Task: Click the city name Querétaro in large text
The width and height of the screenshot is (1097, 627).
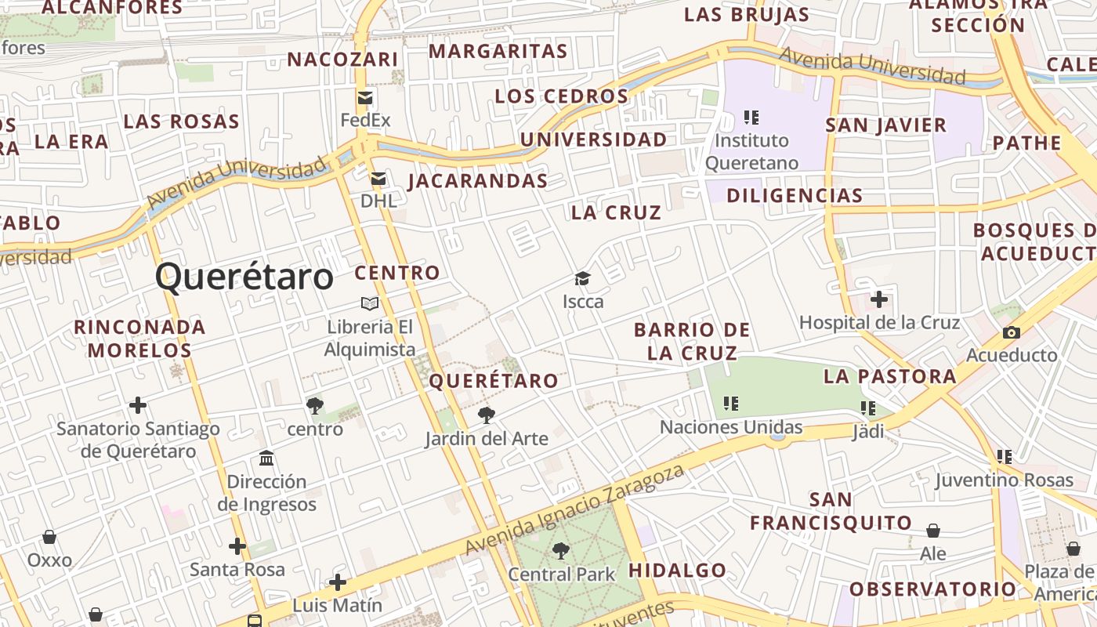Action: pos(244,277)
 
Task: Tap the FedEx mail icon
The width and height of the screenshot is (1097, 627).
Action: pos(365,98)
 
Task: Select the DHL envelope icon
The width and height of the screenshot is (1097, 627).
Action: pos(378,179)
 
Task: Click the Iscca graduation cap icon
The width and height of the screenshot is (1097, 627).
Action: pos(582,278)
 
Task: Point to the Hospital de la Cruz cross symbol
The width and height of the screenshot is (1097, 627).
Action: pos(879,299)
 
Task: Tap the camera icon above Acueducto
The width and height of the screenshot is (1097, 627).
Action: pos(1011,332)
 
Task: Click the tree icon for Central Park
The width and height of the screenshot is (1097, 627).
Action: pos(561,551)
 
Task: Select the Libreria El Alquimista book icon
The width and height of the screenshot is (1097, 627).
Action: pos(370,303)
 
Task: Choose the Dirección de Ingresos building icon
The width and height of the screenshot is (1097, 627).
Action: pos(266,458)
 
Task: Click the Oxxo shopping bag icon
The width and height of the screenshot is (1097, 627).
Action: pos(49,537)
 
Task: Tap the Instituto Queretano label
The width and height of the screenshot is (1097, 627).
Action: pos(752,152)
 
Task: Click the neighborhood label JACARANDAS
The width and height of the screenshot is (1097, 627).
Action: pos(478,181)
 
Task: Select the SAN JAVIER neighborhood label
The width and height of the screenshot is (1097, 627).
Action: pos(886,125)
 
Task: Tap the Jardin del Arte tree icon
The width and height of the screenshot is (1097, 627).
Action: pos(487,415)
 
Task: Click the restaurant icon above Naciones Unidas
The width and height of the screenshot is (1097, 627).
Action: pos(731,404)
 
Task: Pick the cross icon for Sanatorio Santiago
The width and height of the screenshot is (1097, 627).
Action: pos(138,405)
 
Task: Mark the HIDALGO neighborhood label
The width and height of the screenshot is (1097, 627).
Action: pos(678,570)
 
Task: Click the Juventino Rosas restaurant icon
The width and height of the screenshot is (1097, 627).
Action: pos(1005,456)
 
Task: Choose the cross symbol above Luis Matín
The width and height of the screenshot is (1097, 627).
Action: pos(338,582)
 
